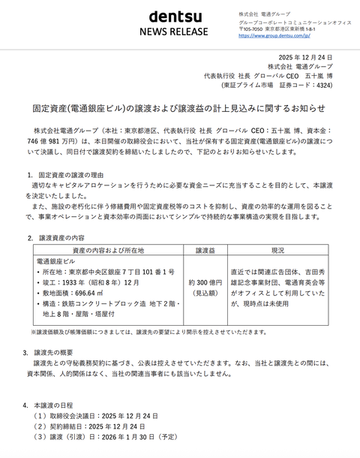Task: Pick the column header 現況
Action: [277, 249]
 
